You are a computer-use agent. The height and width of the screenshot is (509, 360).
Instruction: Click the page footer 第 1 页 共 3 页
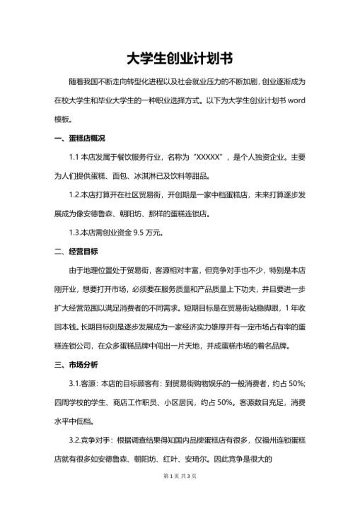pyautogui.click(x=180, y=496)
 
